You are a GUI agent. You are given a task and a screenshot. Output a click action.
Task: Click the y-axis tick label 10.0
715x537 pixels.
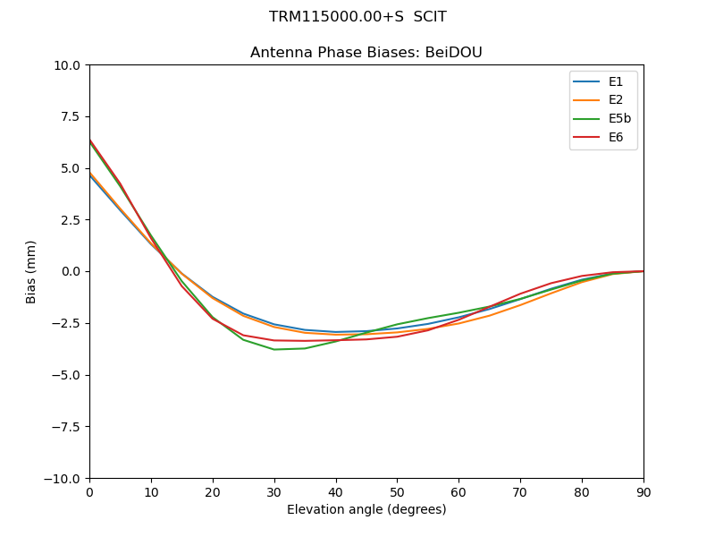tap(66, 65)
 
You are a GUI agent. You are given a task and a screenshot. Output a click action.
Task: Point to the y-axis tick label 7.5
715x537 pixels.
tap(70, 116)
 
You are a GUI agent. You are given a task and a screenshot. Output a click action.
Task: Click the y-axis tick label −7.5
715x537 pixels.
tap(66, 427)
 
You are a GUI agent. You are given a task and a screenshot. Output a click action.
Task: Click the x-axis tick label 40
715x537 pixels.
tap(335, 492)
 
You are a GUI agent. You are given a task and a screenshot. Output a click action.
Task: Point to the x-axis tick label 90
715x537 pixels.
tap(643, 492)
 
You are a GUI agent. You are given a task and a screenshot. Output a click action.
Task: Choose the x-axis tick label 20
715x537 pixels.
tap(213, 492)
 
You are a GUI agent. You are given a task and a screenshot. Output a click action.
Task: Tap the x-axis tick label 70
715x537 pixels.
tap(520, 492)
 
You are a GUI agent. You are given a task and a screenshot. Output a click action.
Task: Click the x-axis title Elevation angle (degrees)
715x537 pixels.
tap(366, 510)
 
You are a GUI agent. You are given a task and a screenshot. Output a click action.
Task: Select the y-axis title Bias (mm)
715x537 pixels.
tap(31, 271)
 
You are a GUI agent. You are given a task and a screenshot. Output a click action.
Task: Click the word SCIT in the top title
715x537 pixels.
tap(428, 17)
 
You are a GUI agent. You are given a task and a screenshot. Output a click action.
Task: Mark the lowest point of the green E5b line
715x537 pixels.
tap(274, 349)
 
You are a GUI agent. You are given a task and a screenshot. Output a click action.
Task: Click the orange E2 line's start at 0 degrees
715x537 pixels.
tap(90, 174)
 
